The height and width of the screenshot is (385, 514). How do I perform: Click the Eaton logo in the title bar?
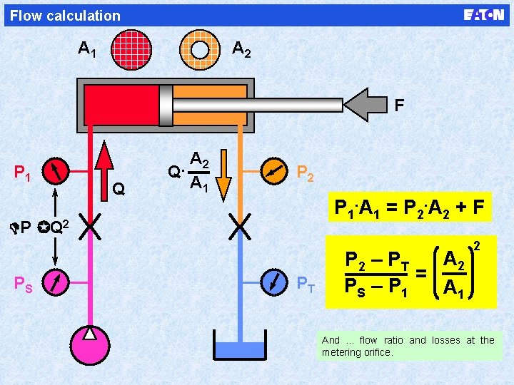483,15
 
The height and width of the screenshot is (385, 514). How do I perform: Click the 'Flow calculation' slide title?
66,15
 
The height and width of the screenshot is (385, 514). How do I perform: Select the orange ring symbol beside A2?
200,48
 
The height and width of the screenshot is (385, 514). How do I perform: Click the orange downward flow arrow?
223,175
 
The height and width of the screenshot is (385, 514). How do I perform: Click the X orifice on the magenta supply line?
89,227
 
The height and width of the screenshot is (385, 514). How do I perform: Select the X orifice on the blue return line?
240,227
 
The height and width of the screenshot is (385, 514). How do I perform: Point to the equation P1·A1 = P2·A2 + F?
410,208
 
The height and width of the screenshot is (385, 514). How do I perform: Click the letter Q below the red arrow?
119,189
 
